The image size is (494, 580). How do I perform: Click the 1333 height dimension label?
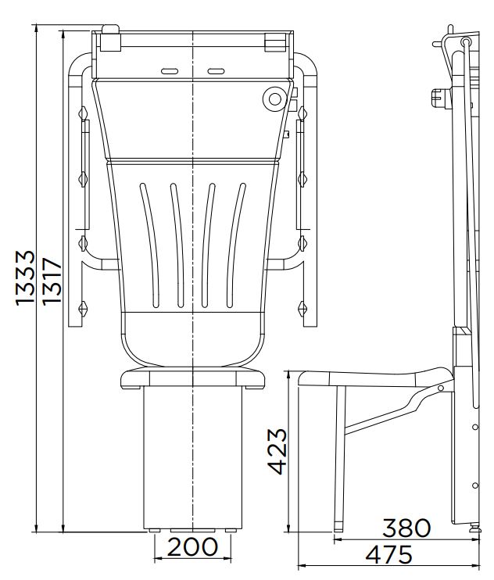pos(26,277)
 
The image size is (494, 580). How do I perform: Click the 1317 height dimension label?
pos(51,281)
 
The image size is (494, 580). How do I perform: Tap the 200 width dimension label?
pos(192,546)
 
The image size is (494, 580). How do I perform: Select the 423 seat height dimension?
pos(277,451)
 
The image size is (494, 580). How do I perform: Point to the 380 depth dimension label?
pos(406,528)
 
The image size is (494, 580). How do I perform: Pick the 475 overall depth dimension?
pos(388,554)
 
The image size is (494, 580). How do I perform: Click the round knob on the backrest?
pos(274,98)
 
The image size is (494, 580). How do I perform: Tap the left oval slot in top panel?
pos(170,71)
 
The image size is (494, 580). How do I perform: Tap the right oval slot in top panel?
pos(216,71)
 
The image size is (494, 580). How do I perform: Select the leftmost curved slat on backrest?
pos(150,244)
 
